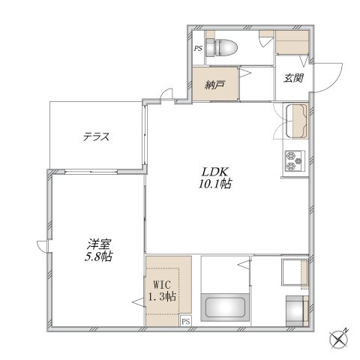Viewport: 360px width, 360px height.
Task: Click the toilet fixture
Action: pyautogui.click(x=221, y=47)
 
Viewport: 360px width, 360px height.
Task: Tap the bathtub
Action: pyautogui.click(x=225, y=307)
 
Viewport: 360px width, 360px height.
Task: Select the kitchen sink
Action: pyautogui.click(x=296, y=121)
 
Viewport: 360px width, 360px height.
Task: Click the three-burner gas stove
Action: pyautogui.click(x=295, y=161)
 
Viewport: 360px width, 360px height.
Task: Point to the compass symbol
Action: pyautogui.click(x=339, y=340)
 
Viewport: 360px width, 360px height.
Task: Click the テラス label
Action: pyautogui.click(x=96, y=136)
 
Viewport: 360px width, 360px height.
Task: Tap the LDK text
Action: pyautogui.click(x=215, y=172)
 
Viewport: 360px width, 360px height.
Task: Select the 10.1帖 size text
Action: pyautogui.click(x=215, y=184)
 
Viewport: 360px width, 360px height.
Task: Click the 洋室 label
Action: pyautogui.click(x=99, y=244)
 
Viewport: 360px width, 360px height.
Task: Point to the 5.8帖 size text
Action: pyautogui.click(x=98, y=256)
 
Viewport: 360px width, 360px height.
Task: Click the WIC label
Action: pyautogui.click(x=162, y=284)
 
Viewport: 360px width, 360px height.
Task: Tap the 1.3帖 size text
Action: pyautogui.click(x=163, y=297)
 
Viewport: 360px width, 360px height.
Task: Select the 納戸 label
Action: pyautogui.click(x=214, y=85)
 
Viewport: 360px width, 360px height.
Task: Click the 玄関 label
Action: pyautogui.click(x=293, y=79)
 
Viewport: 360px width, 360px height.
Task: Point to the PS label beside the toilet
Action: pyautogui.click(x=198, y=48)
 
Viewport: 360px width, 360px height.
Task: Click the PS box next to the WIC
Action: pyautogui.click(x=186, y=321)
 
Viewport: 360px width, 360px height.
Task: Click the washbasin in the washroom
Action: pyautogui.click(x=295, y=272)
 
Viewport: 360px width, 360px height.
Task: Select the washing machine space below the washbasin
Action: pyautogui.click(x=297, y=311)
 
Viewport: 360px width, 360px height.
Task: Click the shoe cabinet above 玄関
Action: pyautogui.click(x=292, y=42)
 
